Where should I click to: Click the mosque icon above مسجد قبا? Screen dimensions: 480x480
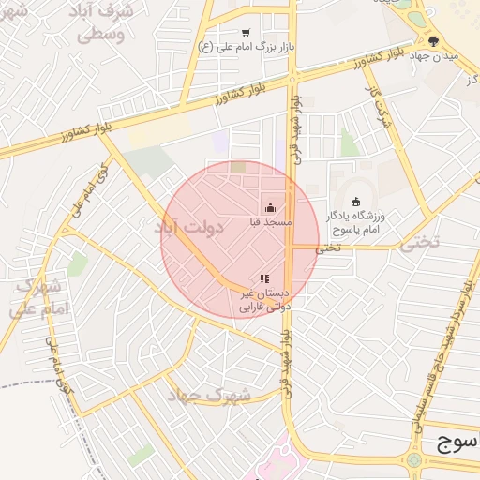tap(271, 208)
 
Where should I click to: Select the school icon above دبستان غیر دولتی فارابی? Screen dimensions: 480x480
tap(264, 278)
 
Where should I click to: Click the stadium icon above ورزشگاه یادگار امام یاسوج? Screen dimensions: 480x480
tap(354, 202)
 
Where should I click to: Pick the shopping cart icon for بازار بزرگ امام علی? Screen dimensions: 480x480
tap(246, 32)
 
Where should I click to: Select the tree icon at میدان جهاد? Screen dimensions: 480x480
tap(433, 41)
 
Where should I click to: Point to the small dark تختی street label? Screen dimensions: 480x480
tap(325, 248)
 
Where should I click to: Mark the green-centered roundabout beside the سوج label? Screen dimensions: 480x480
tap(413, 460)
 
